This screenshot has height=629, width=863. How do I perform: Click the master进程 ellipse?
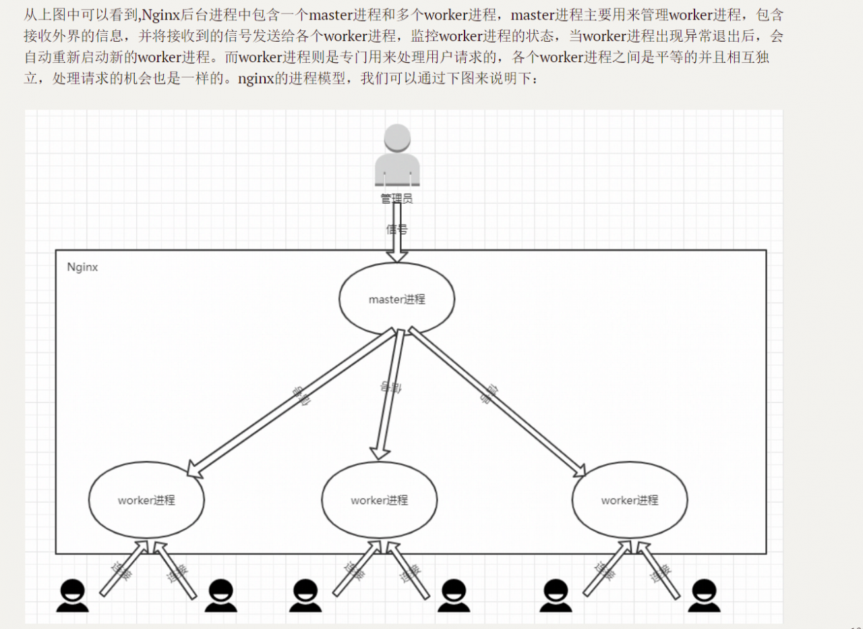(x=396, y=299)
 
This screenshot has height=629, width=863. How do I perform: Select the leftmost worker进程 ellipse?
(x=146, y=500)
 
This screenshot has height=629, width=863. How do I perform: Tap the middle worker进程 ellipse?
(x=379, y=500)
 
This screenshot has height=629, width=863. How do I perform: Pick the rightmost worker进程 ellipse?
(x=630, y=500)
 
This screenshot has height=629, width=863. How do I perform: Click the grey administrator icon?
(x=396, y=155)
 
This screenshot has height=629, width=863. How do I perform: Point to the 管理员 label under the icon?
(x=396, y=198)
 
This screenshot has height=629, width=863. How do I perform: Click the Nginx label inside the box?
(x=82, y=267)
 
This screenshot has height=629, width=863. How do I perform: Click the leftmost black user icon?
(x=72, y=596)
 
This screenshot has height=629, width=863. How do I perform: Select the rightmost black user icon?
(x=704, y=596)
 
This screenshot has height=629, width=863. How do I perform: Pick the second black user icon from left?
(x=220, y=596)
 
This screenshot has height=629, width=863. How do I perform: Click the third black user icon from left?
(x=305, y=596)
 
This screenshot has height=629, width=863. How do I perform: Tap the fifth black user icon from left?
(x=556, y=596)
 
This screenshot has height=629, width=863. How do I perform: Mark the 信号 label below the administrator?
(x=396, y=229)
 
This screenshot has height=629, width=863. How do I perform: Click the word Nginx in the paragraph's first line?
(x=160, y=15)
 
